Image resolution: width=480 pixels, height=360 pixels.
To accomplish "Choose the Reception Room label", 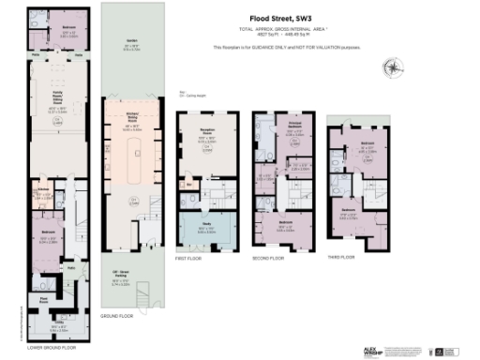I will point(203,135).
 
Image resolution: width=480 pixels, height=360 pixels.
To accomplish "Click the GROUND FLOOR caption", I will point(117,318).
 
